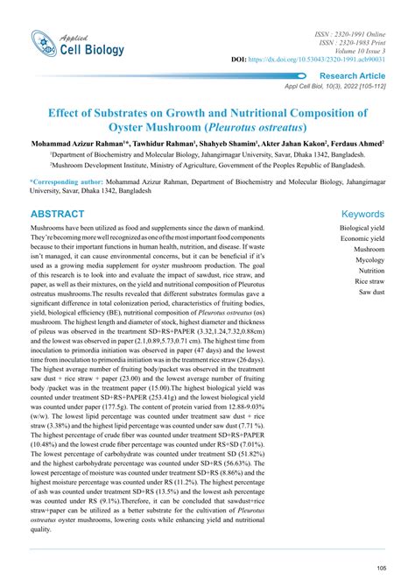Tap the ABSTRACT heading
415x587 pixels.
click(x=58, y=214)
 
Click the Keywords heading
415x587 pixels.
click(x=362, y=214)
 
